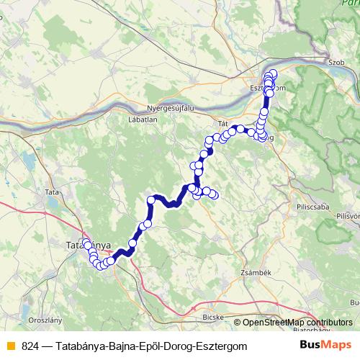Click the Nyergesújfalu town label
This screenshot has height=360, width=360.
171,107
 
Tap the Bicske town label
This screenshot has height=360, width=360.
216,317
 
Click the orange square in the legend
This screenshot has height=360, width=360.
10,346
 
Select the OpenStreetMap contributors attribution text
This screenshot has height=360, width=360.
297,323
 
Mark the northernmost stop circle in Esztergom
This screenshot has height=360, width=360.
273,73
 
